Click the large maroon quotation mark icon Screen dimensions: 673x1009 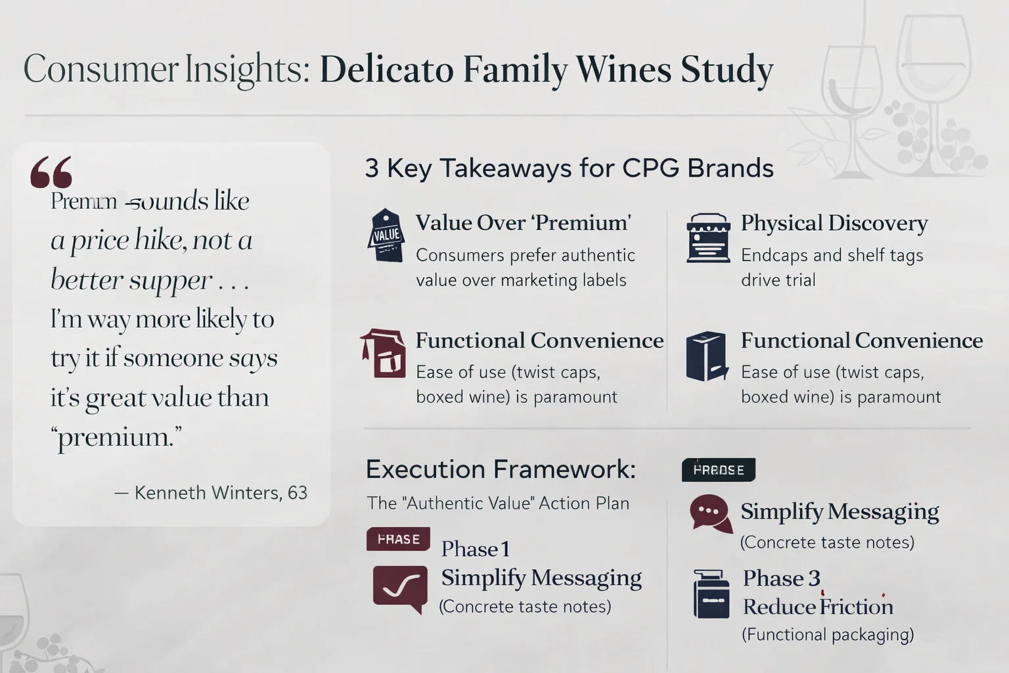click(x=51, y=172)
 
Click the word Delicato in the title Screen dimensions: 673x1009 click(x=386, y=70)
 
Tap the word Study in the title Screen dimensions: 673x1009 click(x=727, y=70)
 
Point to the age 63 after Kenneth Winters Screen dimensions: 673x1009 click(x=298, y=493)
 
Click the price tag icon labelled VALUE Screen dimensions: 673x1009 click(x=386, y=236)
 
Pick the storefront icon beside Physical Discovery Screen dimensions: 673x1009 click(x=708, y=237)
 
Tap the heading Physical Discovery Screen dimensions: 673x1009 click(x=834, y=223)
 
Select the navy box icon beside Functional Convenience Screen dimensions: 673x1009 click(x=706, y=356)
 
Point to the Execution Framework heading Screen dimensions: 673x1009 click(x=501, y=469)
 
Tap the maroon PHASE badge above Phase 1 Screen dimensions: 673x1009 click(x=398, y=539)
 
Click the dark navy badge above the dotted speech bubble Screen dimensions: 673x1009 click(x=719, y=470)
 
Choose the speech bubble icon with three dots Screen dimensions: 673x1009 click(x=710, y=513)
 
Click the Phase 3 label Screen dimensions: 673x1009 click(x=781, y=578)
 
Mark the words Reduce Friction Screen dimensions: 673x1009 click(x=818, y=607)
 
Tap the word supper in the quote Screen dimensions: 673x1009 click(x=170, y=281)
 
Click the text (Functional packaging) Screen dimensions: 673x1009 click(x=828, y=635)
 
